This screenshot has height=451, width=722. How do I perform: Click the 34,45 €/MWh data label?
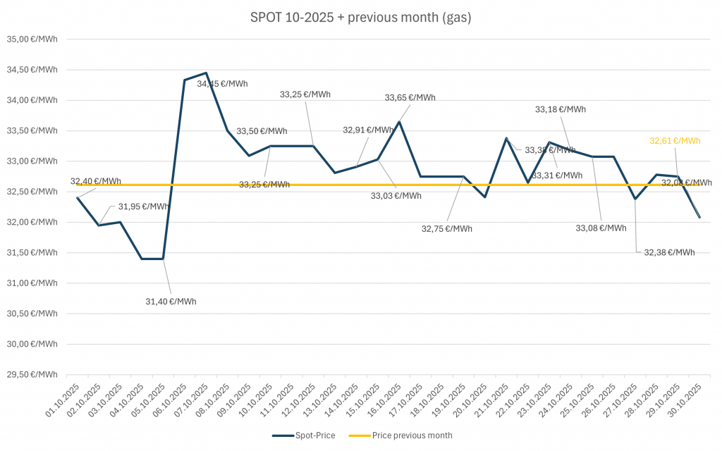click(x=222, y=84)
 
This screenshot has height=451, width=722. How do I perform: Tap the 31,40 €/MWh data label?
click(x=171, y=302)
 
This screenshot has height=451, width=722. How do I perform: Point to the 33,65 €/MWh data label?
click(x=410, y=98)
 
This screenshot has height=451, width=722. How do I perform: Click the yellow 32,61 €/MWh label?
click(x=675, y=141)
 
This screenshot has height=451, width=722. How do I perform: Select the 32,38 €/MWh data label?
click(x=669, y=252)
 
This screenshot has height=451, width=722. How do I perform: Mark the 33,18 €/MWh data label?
click(x=561, y=109)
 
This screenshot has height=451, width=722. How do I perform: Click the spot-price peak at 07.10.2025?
click(x=206, y=73)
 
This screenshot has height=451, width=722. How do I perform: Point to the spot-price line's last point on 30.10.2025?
click(x=700, y=217)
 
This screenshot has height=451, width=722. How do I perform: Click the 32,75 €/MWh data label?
click(x=447, y=228)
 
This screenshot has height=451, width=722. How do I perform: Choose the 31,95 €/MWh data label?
click(x=143, y=206)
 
